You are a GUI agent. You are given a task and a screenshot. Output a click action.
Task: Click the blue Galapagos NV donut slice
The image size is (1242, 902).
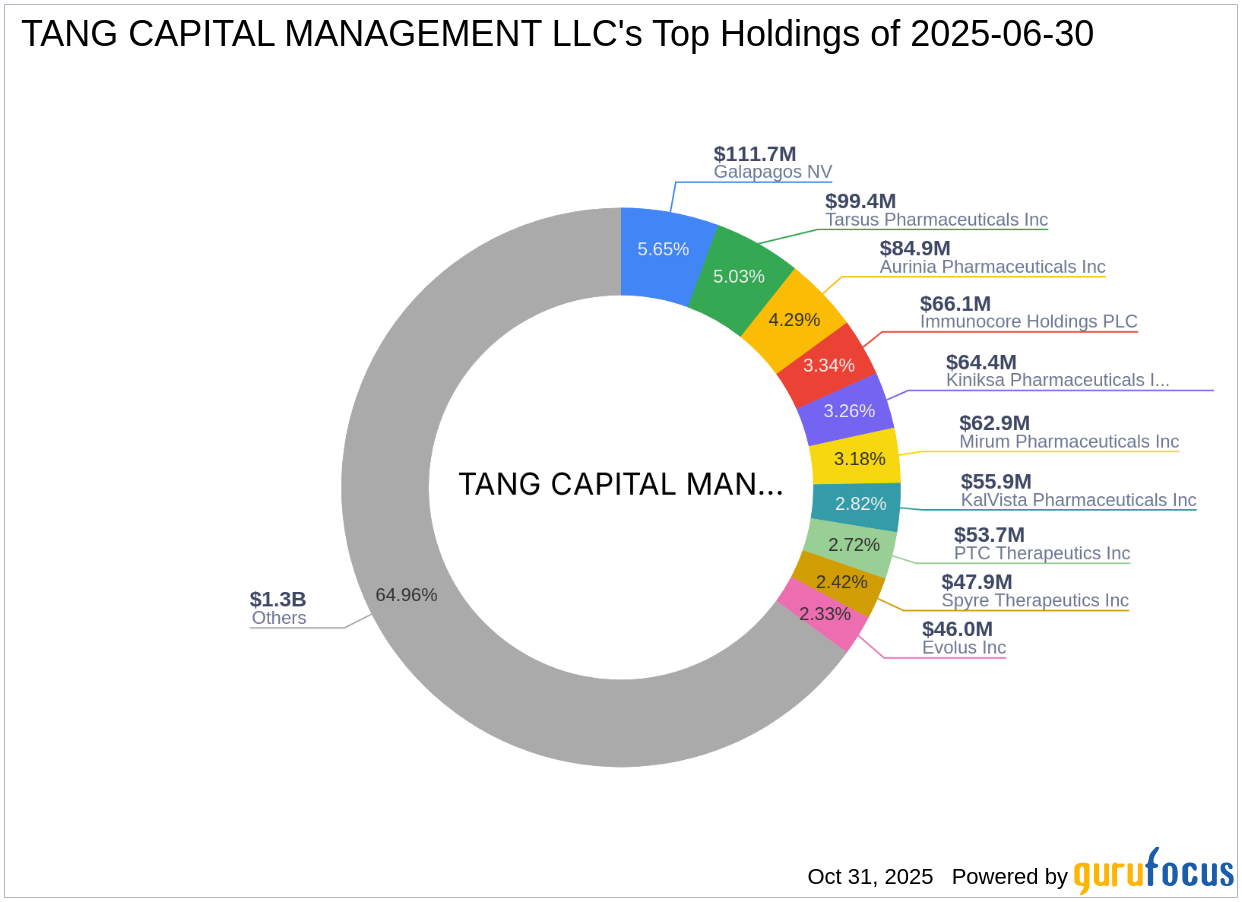click(663, 249)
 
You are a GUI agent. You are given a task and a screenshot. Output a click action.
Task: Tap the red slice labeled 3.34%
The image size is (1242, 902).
click(829, 365)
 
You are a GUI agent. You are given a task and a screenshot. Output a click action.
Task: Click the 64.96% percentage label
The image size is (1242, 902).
click(406, 594)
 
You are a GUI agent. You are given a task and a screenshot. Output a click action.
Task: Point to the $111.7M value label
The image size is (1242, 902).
click(755, 154)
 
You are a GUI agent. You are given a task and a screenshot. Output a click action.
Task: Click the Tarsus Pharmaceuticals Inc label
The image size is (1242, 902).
click(936, 220)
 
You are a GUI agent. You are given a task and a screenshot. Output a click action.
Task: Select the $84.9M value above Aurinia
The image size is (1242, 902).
click(915, 248)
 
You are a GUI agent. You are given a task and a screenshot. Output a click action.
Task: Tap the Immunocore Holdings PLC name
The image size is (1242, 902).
click(1028, 322)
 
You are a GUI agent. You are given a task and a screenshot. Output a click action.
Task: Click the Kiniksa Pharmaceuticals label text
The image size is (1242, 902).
click(1057, 380)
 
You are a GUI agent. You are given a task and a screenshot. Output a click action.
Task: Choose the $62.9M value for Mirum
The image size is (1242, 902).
click(994, 423)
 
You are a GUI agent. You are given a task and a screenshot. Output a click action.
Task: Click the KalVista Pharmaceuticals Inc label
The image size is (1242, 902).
click(1078, 500)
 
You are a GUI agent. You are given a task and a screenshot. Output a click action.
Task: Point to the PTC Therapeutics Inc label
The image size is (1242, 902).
click(1041, 553)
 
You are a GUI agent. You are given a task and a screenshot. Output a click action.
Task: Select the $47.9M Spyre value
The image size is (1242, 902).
click(976, 582)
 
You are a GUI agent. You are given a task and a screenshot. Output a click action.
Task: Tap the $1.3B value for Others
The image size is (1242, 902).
click(278, 599)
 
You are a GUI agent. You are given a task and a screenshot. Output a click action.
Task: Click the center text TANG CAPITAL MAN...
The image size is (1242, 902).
click(620, 484)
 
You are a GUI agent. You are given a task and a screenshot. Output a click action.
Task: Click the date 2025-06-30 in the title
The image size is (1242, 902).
click(1002, 35)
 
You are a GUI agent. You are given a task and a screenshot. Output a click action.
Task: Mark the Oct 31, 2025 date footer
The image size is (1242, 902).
click(870, 877)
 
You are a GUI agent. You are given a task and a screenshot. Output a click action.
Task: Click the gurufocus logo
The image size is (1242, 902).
click(1153, 872)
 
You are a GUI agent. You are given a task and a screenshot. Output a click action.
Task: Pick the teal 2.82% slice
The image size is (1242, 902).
click(856, 504)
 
